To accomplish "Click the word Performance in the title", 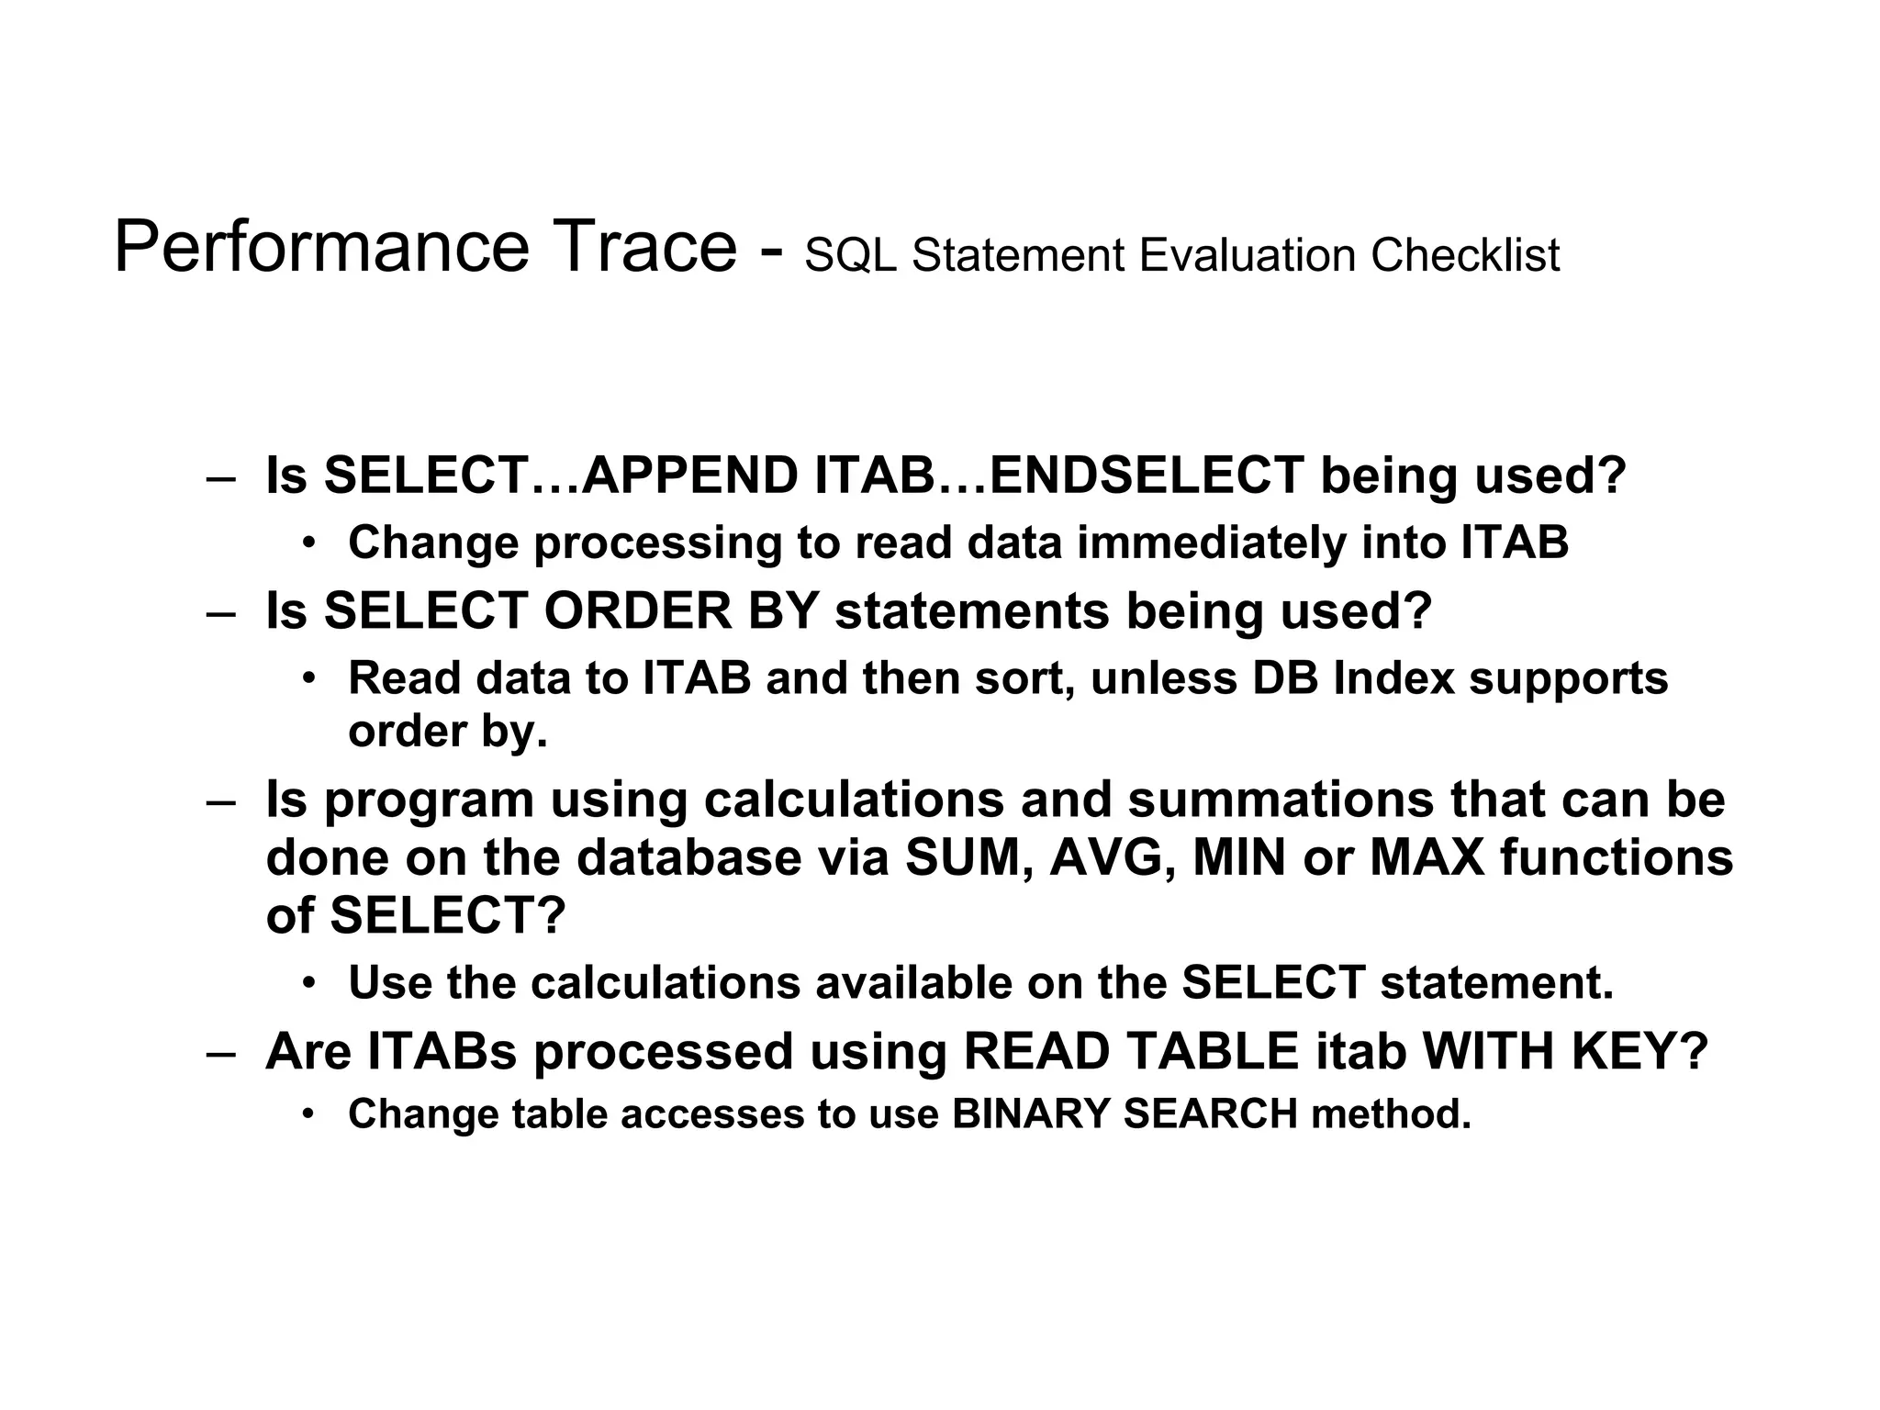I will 321,248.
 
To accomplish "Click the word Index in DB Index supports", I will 1394,678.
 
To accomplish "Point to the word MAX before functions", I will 1427,857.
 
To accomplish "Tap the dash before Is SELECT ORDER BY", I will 220,612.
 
